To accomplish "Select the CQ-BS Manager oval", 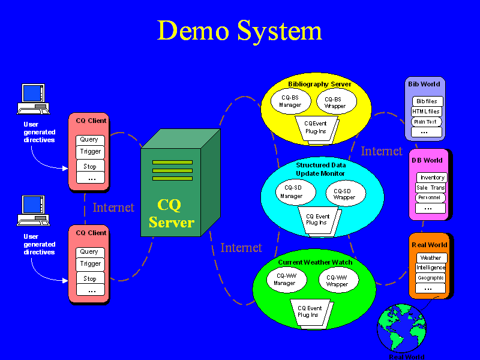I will click(x=290, y=101).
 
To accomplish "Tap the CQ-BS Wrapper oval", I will click(x=335, y=103).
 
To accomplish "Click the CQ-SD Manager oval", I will click(x=291, y=192).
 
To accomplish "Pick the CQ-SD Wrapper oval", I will click(x=344, y=193).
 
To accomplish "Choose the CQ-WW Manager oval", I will click(x=285, y=280).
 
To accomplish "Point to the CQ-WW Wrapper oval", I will click(x=337, y=280).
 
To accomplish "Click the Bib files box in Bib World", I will click(x=427, y=101).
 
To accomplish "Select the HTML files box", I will click(x=426, y=112).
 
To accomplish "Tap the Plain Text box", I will click(x=426, y=122).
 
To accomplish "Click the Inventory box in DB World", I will click(x=432, y=178).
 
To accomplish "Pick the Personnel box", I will click(x=430, y=197).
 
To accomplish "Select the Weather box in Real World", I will click(x=430, y=258).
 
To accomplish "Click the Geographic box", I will click(x=430, y=278).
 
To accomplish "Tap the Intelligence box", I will click(x=430, y=268).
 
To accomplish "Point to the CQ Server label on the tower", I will click(x=171, y=214).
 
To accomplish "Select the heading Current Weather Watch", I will click(x=315, y=263).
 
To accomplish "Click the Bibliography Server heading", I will click(x=319, y=85).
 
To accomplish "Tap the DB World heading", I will click(x=427, y=160).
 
